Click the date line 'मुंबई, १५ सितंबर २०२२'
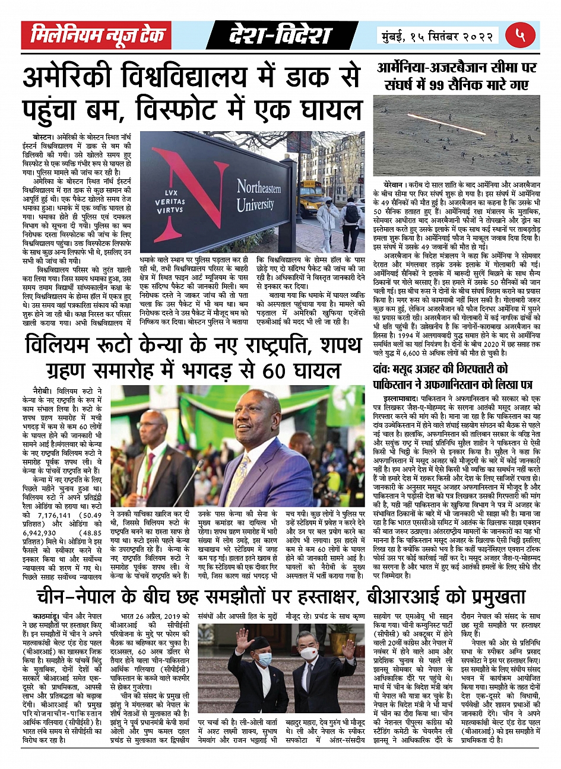[x=436, y=37]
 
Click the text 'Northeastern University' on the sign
[x=259, y=196]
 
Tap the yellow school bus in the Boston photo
[x=308, y=201]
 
